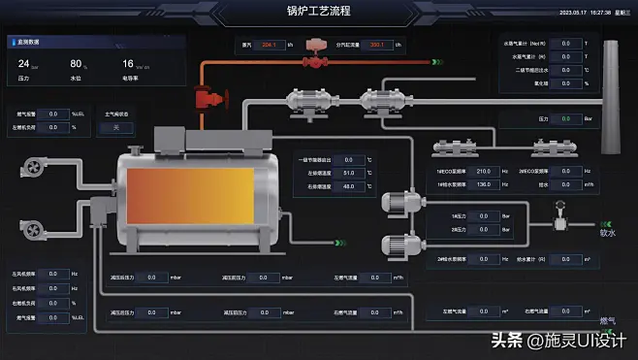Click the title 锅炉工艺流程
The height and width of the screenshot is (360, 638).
318,12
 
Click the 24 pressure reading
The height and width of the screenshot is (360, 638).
23,64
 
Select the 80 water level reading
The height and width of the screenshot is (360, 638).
77,64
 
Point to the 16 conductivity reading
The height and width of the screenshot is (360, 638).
128,64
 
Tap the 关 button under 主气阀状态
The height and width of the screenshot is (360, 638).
116,127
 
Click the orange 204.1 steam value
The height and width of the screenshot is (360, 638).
269,45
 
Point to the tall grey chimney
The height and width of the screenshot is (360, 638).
611,97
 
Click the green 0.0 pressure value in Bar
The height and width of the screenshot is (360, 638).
566,118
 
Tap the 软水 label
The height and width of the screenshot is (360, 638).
607,233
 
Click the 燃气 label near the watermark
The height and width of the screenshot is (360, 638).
607,319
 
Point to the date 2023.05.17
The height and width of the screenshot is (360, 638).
573,13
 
